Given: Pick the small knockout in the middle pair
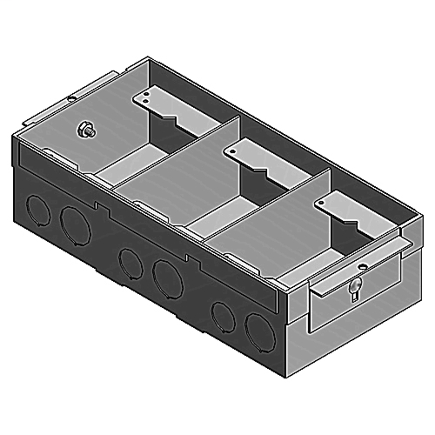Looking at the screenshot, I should click(128, 260).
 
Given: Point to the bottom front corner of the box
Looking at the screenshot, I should click(283, 380).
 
